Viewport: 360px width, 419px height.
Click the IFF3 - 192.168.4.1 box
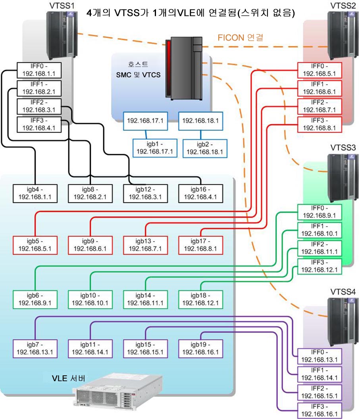pos(39,124)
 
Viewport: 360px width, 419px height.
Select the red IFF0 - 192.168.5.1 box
pos(319,70)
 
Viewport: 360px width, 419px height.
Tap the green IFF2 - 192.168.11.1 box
pos(319,248)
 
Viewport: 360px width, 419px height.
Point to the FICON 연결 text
pos(241,38)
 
